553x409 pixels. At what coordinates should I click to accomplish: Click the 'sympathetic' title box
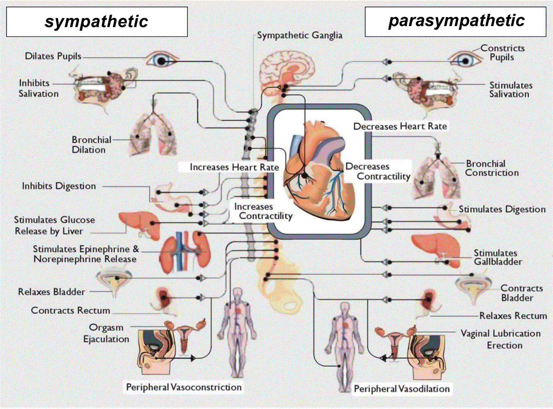[x=97, y=22]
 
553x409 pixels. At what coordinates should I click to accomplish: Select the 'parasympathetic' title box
[x=455, y=21]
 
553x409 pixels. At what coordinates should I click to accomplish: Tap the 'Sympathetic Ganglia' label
[x=300, y=36]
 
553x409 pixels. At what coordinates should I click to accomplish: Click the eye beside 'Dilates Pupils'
[x=161, y=60]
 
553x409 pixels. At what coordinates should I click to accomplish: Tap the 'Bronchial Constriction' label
[x=491, y=168]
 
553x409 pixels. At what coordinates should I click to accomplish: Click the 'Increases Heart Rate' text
[x=234, y=167]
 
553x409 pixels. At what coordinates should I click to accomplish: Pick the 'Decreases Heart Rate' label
[x=400, y=126]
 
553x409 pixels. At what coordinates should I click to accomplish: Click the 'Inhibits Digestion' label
[x=59, y=186]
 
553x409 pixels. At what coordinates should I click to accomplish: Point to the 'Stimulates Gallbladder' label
[x=497, y=257]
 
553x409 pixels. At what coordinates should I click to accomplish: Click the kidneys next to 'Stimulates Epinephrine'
[x=184, y=252]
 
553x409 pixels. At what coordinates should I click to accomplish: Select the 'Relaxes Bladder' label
[x=52, y=292]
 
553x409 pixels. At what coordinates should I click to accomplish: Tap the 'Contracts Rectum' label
[x=70, y=311]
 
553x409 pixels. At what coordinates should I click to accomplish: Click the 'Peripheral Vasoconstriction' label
[x=184, y=387]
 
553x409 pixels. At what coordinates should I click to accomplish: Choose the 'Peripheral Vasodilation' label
[x=402, y=389]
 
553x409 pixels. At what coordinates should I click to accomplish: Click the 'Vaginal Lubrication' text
[x=500, y=334]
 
